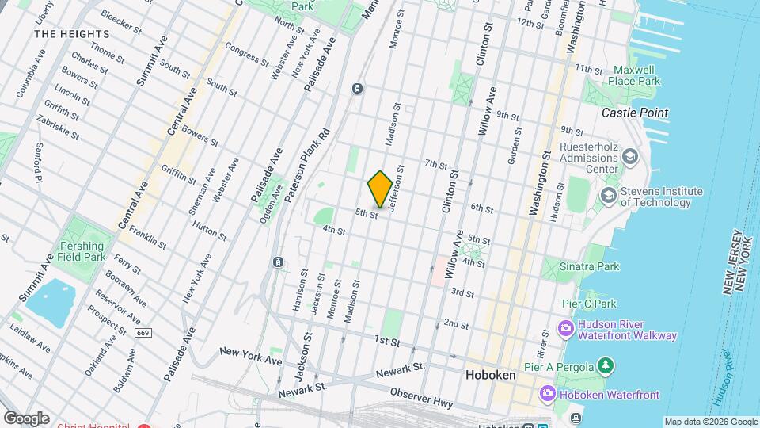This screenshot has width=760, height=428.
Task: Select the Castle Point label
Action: (x=634, y=113)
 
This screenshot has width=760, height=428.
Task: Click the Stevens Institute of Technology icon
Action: (x=609, y=195)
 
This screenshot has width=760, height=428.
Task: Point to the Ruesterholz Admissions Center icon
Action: (x=629, y=155)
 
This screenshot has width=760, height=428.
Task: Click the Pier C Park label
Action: (x=589, y=304)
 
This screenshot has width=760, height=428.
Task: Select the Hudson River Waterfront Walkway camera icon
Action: (x=567, y=328)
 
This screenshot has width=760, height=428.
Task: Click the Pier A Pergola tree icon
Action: (x=606, y=365)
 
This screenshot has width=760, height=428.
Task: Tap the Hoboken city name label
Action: (x=491, y=375)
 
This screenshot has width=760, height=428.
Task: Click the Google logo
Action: (x=26, y=418)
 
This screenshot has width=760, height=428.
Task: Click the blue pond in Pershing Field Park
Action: (x=52, y=302)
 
